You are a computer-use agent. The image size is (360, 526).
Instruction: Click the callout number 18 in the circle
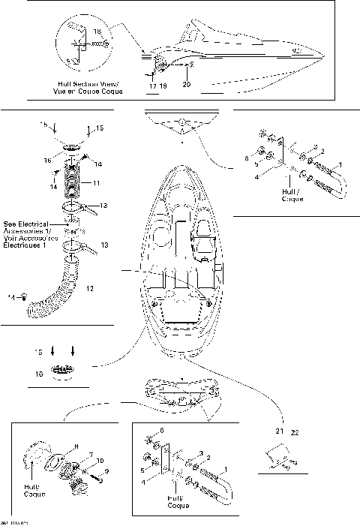[97, 31]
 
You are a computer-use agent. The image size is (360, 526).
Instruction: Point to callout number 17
[152, 88]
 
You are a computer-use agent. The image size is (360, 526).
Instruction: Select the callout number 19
[163, 88]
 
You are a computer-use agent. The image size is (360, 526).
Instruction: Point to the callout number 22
[295, 431]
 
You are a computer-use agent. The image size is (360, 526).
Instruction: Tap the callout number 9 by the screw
[106, 471]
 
